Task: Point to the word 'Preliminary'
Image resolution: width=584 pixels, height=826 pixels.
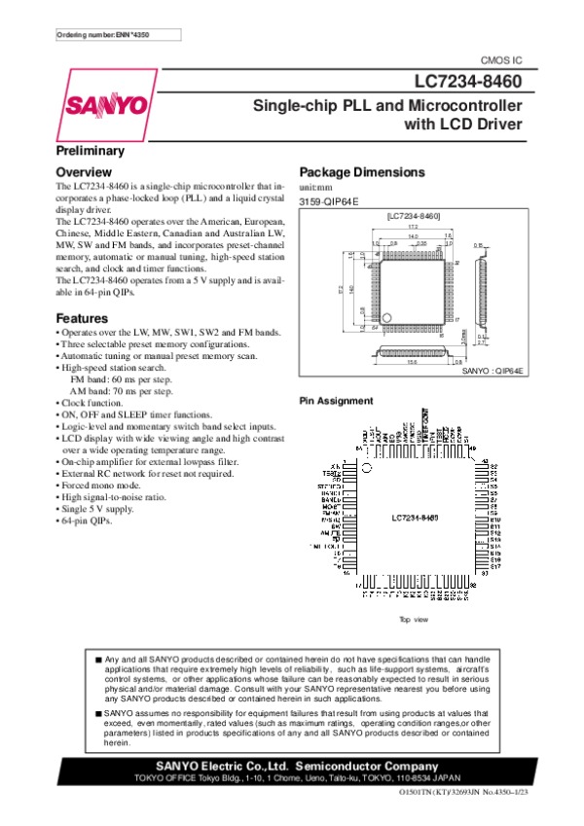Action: point(90,152)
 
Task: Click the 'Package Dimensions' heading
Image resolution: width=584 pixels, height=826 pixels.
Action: point(362,172)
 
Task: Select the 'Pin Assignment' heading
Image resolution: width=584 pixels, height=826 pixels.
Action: point(335,401)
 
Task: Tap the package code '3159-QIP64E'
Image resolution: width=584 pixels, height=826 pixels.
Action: point(329,200)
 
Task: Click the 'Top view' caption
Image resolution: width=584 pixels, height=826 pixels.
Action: point(414,620)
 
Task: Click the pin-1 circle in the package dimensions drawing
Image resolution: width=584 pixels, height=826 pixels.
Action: point(386,315)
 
